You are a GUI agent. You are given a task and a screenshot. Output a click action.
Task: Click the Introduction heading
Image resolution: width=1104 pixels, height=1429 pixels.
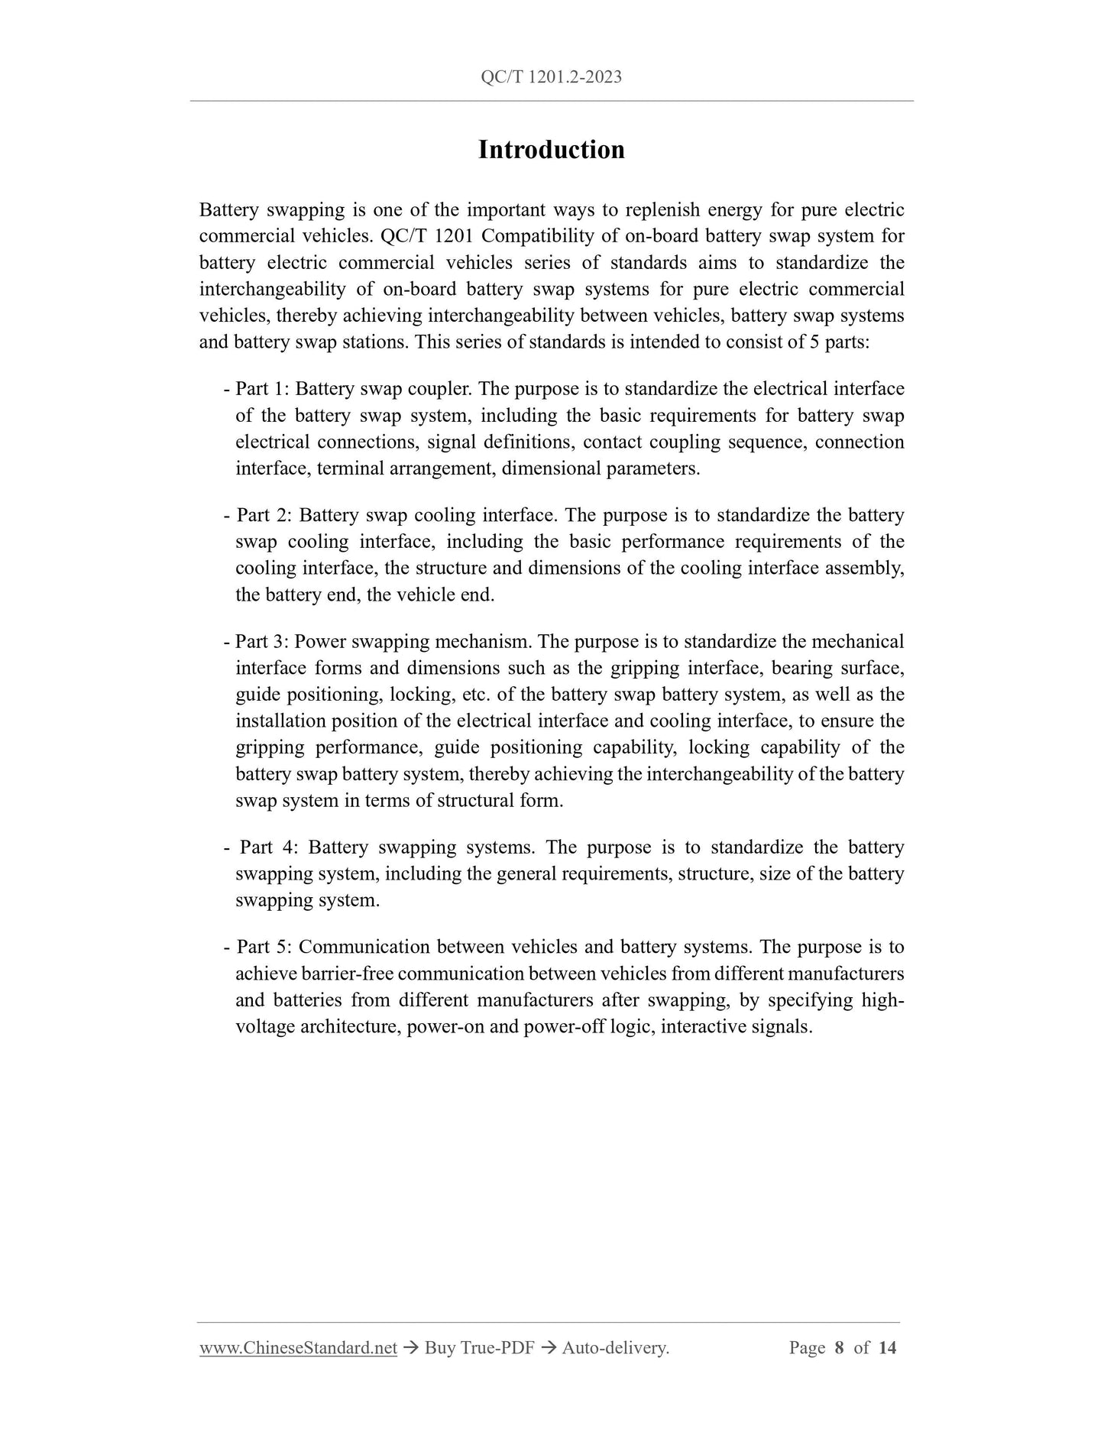(x=551, y=150)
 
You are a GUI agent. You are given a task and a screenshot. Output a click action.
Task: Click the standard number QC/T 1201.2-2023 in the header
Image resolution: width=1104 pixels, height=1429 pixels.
(x=551, y=77)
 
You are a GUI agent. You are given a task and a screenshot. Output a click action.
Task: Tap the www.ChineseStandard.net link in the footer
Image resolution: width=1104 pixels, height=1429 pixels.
(x=298, y=1348)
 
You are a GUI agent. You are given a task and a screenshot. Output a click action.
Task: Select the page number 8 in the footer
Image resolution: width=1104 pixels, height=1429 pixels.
(x=839, y=1348)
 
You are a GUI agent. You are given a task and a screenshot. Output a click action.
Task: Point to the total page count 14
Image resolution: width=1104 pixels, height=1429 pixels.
(x=887, y=1348)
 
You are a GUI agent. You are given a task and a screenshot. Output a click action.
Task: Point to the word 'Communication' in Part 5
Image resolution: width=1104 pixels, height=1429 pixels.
(x=364, y=947)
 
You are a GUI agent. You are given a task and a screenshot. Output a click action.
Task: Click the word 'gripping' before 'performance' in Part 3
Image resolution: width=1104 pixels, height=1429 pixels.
(x=270, y=747)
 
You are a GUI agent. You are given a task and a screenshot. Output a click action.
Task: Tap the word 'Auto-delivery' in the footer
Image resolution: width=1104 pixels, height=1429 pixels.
(x=615, y=1348)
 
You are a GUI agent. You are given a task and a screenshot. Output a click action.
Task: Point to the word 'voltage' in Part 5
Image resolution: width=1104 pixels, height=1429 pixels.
(x=264, y=1026)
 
